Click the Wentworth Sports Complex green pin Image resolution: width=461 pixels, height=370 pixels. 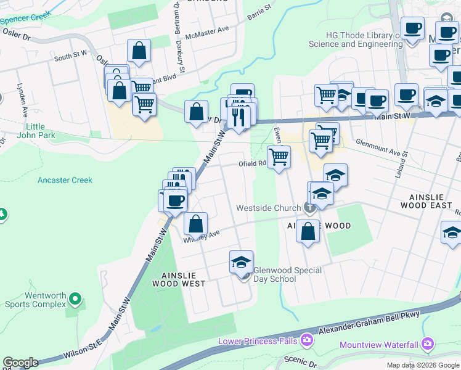(75, 300)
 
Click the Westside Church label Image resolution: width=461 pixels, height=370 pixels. (269, 208)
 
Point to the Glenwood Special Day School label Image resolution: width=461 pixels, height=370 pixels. (288, 274)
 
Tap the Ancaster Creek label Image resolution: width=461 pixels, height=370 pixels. (65, 180)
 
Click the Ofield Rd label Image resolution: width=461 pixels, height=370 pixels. (252, 164)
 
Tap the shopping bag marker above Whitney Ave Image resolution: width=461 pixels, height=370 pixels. (195, 223)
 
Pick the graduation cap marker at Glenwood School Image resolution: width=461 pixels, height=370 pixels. (242, 262)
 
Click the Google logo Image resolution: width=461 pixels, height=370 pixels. (20, 363)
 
